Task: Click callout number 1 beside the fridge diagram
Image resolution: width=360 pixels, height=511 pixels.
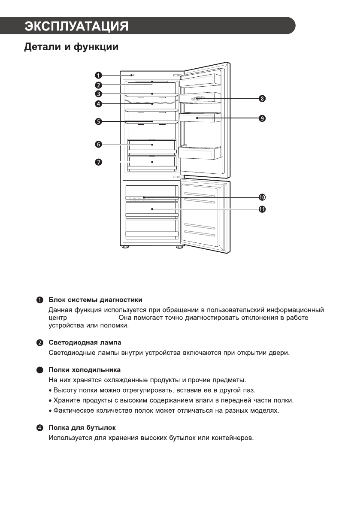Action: pos(98,76)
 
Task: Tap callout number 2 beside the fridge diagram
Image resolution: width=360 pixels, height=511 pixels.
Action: pos(98,85)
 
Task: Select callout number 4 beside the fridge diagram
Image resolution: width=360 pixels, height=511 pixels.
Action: pos(98,104)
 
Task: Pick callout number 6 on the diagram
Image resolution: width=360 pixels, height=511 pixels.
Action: pos(98,145)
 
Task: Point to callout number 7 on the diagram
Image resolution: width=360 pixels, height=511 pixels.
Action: pos(98,162)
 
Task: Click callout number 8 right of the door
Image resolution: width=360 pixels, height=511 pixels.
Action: pos(262,99)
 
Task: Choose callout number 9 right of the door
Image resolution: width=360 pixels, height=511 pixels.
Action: pos(262,118)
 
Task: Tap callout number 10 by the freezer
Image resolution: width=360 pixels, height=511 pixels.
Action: pos(262,197)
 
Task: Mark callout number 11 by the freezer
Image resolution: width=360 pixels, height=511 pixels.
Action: pos(262,209)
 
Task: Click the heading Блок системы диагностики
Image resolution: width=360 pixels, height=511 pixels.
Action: pos(95,299)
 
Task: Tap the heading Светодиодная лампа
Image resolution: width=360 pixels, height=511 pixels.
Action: pos(85,342)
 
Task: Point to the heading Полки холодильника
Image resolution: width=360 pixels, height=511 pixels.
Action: pos(85,369)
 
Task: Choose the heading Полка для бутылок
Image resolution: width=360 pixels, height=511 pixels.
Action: pos(82,428)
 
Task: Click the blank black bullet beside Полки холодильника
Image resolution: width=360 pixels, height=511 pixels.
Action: pos(40,370)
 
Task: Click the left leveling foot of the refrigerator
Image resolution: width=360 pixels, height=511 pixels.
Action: pos(125,247)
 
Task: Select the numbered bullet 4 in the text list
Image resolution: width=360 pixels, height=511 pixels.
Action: pos(40,428)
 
